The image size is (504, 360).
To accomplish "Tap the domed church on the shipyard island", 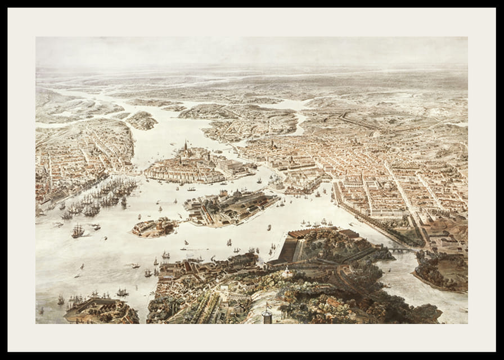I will (x=237, y=195).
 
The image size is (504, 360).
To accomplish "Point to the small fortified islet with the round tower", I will (x=153, y=227).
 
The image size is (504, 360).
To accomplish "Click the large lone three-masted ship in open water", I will (x=78, y=231).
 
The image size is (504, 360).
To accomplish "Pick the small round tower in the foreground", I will (x=267, y=316).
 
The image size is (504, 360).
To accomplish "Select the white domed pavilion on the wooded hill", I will (x=287, y=274).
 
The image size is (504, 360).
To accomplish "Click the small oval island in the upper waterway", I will (x=141, y=120).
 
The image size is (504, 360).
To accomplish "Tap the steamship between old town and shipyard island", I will (x=191, y=189).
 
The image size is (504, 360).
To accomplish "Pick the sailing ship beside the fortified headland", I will (x=121, y=292).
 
